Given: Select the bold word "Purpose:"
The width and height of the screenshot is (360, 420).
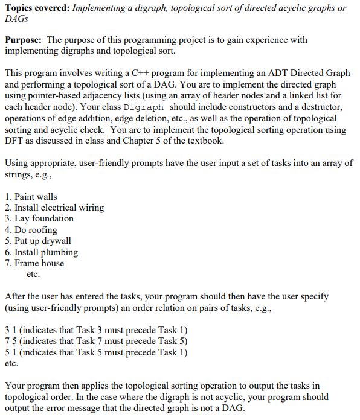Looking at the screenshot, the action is tap(24, 40).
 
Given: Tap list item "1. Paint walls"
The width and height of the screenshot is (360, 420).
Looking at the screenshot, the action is tap(31, 197).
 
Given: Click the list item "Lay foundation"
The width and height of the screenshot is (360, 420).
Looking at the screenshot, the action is tap(44, 218).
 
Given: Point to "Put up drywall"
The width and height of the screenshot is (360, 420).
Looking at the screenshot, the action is tap(43, 241).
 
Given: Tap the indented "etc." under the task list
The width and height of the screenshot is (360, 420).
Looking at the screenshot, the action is tap(33, 275).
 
